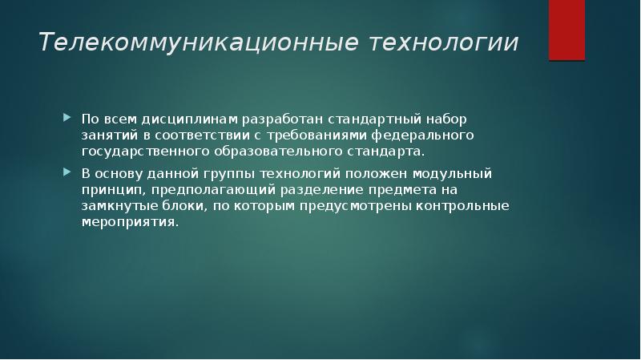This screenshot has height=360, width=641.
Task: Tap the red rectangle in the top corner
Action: click(566, 30)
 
